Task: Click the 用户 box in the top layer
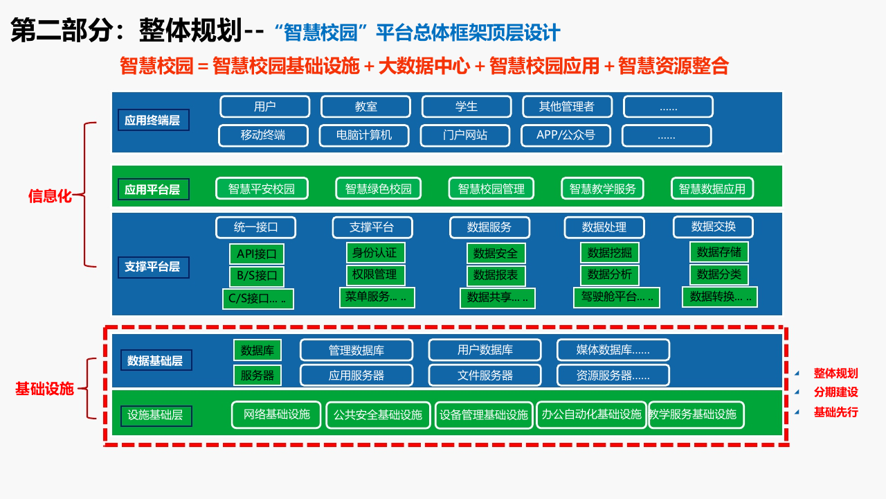click(x=264, y=107)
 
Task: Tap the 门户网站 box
click(x=465, y=135)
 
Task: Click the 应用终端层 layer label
click(x=152, y=120)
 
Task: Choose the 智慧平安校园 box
click(x=262, y=189)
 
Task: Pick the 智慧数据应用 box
click(x=712, y=189)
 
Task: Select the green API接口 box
click(x=257, y=254)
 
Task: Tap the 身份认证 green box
click(x=374, y=252)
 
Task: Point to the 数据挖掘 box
click(x=609, y=252)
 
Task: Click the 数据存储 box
click(x=718, y=252)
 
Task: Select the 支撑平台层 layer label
click(x=152, y=266)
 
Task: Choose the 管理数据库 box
click(x=356, y=350)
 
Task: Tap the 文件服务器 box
click(x=485, y=376)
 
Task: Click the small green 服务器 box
click(x=257, y=376)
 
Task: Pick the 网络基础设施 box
click(x=276, y=414)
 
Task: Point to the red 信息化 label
click(x=49, y=196)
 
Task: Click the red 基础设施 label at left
click(x=44, y=389)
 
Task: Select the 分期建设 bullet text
click(x=835, y=392)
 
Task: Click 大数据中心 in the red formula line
click(x=424, y=66)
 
